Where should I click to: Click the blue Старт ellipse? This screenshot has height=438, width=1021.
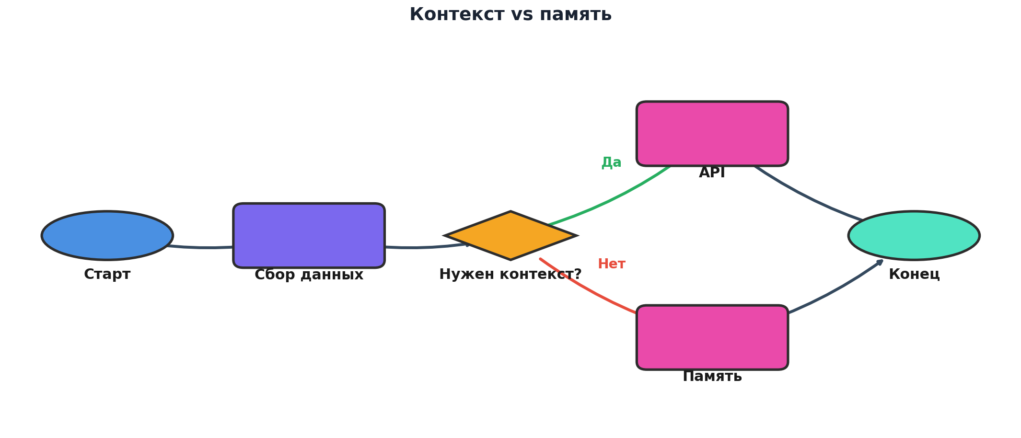(x=107, y=235)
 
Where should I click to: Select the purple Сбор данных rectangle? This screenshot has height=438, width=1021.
(x=309, y=235)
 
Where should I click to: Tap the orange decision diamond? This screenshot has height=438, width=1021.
(x=510, y=235)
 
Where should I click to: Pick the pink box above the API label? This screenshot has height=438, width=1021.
(x=712, y=133)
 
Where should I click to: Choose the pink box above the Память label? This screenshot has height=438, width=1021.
(x=712, y=337)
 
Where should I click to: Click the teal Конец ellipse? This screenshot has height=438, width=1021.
(x=914, y=235)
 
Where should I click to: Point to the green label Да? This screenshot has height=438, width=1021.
(x=611, y=162)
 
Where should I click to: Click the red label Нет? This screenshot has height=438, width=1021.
(x=611, y=264)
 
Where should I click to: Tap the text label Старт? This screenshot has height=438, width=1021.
(x=107, y=275)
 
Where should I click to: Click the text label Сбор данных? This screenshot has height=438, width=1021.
(x=309, y=275)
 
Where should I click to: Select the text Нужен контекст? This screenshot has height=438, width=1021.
(x=510, y=275)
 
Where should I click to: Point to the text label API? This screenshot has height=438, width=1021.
(x=712, y=173)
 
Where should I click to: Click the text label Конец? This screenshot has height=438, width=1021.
(x=914, y=275)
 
